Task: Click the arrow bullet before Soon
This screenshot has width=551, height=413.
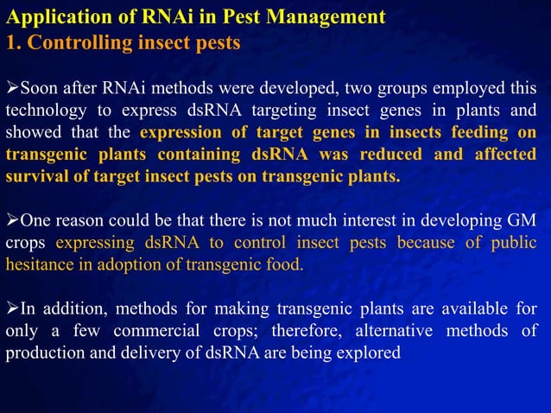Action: pos(12,88)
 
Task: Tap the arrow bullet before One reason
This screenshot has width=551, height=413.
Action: pos(12,219)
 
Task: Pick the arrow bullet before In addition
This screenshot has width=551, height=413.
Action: pos(12,308)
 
